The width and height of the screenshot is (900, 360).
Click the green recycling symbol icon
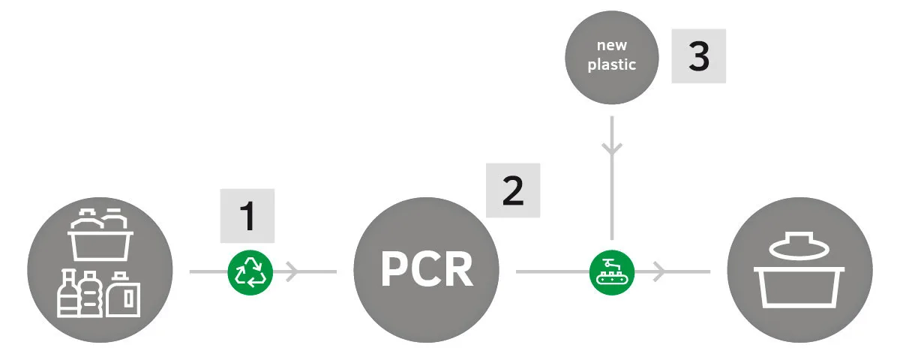(x=250, y=271)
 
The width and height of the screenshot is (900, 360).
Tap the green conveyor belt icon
(x=612, y=271)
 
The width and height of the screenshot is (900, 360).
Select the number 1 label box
(x=247, y=216)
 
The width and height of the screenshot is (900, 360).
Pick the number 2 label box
(x=513, y=191)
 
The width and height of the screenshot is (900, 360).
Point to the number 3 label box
(x=698, y=56)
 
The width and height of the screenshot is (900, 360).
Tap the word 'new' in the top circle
(x=611, y=46)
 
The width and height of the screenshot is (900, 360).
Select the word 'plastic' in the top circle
(x=611, y=64)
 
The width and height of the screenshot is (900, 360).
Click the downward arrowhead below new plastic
(x=612, y=147)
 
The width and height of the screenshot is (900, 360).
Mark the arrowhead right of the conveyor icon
(x=658, y=271)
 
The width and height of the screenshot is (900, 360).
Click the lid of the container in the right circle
(x=800, y=249)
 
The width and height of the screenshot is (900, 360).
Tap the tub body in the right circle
(x=800, y=288)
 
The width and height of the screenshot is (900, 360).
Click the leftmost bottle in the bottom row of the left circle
(x=67, y=296)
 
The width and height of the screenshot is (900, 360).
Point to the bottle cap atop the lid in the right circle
(x=800, y=235)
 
